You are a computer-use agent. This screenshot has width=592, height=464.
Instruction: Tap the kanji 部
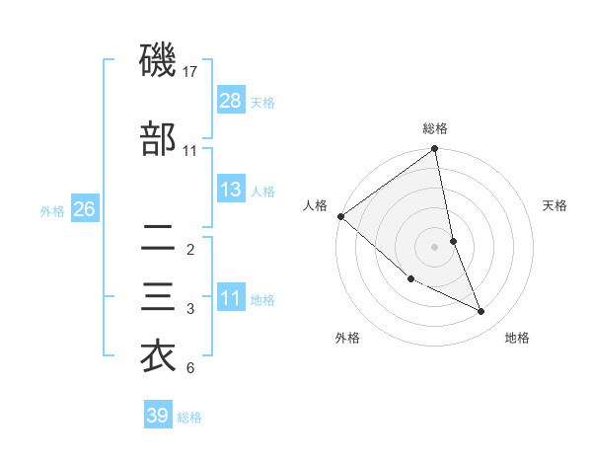[159, 138]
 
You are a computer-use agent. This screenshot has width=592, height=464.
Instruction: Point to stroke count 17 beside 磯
[191, 71]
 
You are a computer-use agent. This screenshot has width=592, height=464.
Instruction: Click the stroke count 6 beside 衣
[190, 368]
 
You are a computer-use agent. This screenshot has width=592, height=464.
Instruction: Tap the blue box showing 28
[231, 101]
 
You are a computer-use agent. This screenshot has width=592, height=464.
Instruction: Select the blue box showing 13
[231, 190]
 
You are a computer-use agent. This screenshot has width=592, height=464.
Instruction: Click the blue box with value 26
[84, 209]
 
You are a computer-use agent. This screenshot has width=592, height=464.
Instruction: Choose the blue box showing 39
[157, 416]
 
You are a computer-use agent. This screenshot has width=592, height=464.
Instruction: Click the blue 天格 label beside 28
[262, 102]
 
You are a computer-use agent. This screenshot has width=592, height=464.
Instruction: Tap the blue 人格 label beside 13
[262, 191]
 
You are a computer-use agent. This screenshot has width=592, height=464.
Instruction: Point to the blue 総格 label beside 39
[189, 417]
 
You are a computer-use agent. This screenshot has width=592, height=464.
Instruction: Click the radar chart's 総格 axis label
[435, 128]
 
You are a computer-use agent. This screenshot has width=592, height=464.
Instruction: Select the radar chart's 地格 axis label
[517, 338]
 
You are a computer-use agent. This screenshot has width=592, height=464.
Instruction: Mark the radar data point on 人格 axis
[340, 216]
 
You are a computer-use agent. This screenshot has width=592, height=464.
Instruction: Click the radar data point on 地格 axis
[481, 311]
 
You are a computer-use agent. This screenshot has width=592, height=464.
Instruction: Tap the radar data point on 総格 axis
[435, 150]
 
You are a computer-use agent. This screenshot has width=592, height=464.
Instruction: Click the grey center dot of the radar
[435, 246]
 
